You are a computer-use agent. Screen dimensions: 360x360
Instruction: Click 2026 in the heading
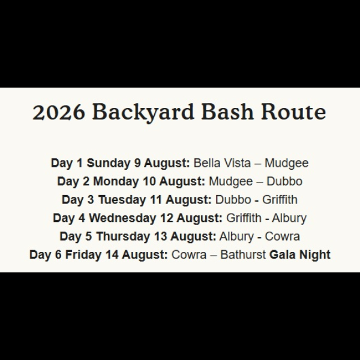tap(59, 112)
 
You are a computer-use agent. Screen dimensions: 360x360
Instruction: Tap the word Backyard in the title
tap(143, 113)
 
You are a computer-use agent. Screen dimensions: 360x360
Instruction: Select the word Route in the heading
tap(293, 112)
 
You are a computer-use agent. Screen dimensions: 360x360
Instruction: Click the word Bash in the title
tap(227, 112)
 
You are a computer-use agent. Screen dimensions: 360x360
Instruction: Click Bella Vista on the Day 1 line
tap(222, 163)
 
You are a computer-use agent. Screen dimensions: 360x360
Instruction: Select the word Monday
tap(116, 182)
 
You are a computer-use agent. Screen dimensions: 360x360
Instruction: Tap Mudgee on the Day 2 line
tap(231, 182)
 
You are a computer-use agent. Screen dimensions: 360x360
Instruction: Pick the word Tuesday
tap(122, 200)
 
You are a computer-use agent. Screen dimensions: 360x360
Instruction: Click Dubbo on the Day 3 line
tap(233, 200)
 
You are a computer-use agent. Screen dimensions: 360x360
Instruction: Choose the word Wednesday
tap(122, 218)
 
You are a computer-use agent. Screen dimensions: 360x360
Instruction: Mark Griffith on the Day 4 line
tap(244, 218)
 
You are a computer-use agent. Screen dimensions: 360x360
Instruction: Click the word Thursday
tap(123, 236)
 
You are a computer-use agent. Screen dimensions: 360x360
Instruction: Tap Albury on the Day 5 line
tap(236, 237)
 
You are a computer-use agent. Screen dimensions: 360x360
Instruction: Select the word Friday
tap(83, 255)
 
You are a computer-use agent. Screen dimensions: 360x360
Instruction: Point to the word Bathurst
tap(243, 255)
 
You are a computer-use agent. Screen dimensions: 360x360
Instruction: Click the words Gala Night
tap(300, 255)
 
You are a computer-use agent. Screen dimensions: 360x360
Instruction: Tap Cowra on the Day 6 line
tap(189, 255)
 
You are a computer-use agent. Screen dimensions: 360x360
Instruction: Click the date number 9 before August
tap(137, 163)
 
